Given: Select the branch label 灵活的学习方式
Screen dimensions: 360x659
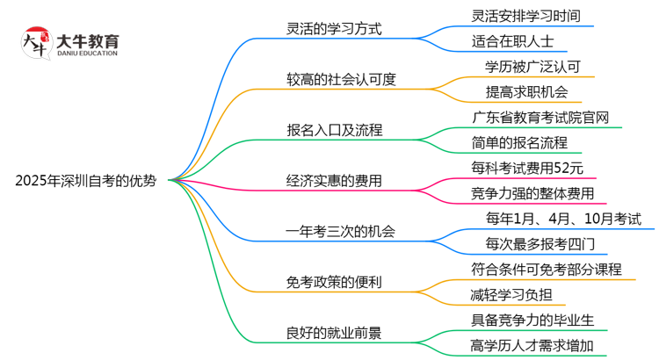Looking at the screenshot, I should [x=334, y=29].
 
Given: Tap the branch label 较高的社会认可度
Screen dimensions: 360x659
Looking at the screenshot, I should [x=341, y=79].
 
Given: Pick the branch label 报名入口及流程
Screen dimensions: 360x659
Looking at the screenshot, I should [x=334, y=131].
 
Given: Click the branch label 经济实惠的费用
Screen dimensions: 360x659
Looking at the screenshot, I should [x=334, y=182].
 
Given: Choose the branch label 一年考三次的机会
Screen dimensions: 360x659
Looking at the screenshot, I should [x=341, y=232].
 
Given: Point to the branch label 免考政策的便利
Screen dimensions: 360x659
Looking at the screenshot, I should [x=334, y=283].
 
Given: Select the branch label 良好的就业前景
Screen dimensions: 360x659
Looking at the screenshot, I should [x=334, y=333].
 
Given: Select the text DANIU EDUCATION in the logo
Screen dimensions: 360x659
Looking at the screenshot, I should [x=87, y=54].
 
